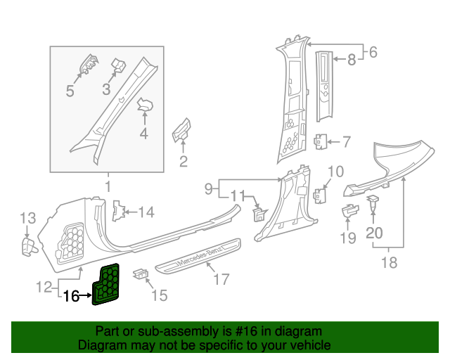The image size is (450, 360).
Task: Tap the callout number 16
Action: tap(71, 296)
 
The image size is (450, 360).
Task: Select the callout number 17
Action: tap(221, 280)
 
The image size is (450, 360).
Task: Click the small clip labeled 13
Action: tap(28, 245)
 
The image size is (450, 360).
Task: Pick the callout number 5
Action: tap(70, 91)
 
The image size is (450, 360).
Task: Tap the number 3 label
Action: tap(107, 89)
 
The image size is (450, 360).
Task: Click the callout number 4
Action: tap(143, 131)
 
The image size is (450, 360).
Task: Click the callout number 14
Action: tap(146, 212)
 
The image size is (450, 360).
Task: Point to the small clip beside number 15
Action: tap(141, 272)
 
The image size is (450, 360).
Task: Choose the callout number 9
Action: tap(209, 188)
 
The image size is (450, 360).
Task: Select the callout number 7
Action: tap(346, 142)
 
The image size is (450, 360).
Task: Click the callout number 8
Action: tap(352, 60)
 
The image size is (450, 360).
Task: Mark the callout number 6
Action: tap(373, 51)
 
